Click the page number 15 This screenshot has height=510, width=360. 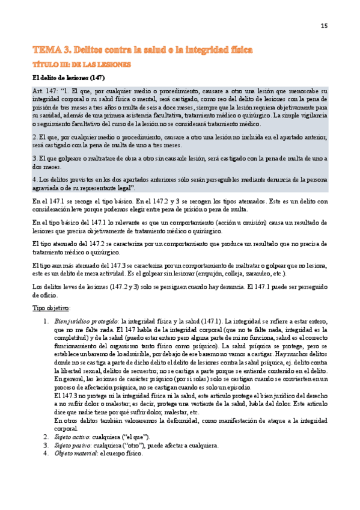324,25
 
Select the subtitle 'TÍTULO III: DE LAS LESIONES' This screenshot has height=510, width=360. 81,63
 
